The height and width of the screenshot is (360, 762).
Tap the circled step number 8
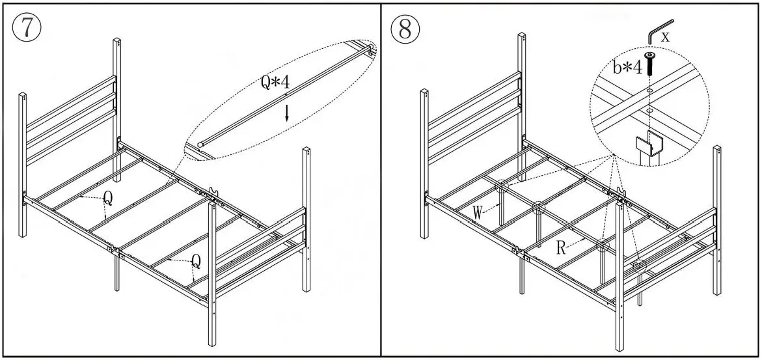405,29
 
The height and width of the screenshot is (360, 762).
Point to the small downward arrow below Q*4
287,113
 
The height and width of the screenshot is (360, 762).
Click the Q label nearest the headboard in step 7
107,199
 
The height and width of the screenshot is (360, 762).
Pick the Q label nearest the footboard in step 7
195,261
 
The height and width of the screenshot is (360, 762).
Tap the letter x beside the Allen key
665,37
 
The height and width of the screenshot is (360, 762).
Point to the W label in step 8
478,213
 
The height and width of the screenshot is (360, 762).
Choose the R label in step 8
560,247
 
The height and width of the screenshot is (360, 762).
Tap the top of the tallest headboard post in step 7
117,41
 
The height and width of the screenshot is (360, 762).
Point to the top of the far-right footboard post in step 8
718,150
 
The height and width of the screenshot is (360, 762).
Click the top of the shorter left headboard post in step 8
426,91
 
